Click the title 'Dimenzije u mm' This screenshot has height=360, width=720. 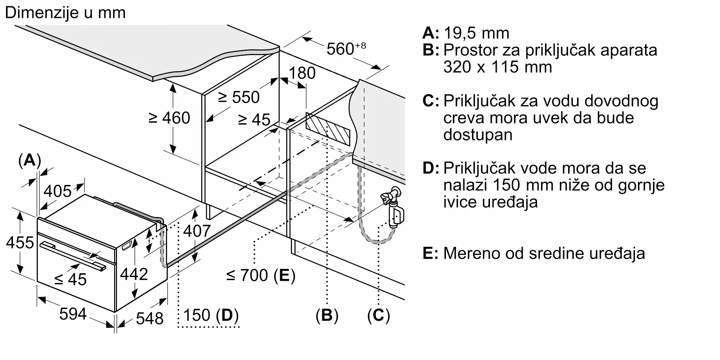(65, 13)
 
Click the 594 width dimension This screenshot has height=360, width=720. (73, 314)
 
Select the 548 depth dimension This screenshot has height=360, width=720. (150, 318)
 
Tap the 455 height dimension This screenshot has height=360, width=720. (20, 243)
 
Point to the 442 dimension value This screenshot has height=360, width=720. (134, 274)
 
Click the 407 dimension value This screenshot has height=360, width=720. (197, 231)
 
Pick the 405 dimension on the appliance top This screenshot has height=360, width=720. (58, 191)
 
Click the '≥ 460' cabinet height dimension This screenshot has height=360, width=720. (169, 118)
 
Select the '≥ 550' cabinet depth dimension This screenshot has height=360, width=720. (239, 97)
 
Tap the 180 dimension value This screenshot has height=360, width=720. (302, 73)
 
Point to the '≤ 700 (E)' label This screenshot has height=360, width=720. (261, 275)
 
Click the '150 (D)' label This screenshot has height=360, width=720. (211, 315)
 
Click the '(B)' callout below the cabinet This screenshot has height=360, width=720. (327, 315)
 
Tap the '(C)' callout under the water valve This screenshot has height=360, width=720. (379, 315)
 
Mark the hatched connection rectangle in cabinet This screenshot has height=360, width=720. (328, 129)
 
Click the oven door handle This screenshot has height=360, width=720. (73, 256)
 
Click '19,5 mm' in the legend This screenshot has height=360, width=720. (477, 33)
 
